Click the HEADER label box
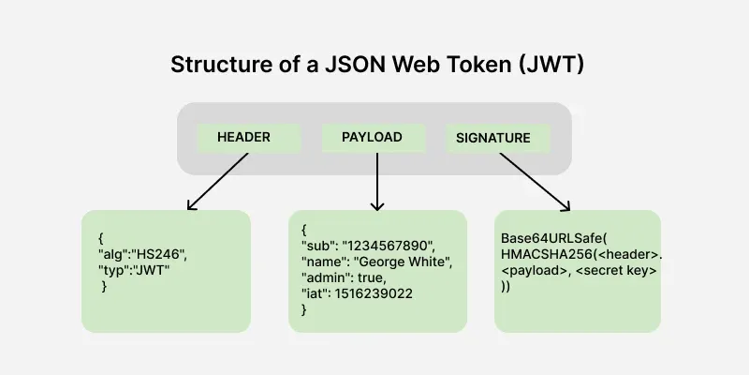click(x=243, y=138)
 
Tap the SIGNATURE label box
click(x=493, y=138)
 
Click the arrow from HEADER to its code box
click(x=218, y=181)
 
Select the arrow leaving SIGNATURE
click(x=535, y=181)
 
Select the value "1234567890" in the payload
click(x=394, y=245)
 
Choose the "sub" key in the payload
click(x=318, y=245)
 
